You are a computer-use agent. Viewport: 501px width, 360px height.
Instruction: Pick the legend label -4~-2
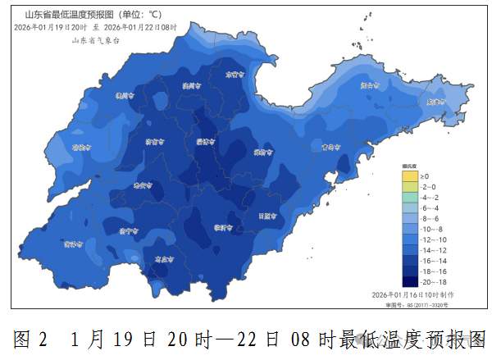(430, 198)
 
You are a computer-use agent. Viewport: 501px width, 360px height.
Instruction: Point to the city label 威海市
(435, 102)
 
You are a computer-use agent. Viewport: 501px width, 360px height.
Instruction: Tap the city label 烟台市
(371, 84)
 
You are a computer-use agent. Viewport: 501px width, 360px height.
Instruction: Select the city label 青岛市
(330, 148)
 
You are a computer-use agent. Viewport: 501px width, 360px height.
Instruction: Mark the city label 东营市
(236, 74)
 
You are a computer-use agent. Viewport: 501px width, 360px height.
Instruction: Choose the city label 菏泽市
(74, 244)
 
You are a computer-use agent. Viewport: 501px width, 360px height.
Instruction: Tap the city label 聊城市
(81, 148)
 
